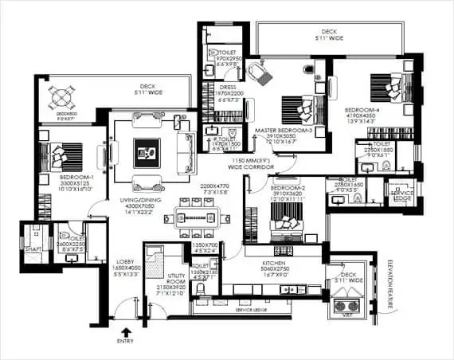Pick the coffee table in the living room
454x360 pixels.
[x=147, y=149]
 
